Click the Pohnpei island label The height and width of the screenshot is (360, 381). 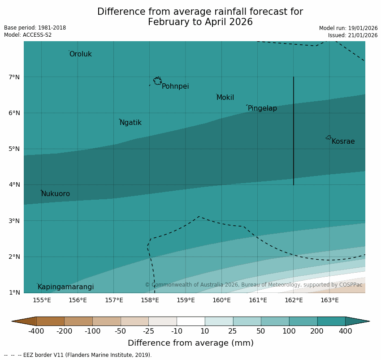pos(175,86)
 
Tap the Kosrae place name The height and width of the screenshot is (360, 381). pos(343,141)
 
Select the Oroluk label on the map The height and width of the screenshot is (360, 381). pos(80,54)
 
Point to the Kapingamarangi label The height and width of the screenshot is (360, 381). pos(65,287)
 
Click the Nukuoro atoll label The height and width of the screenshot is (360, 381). pos(56,194)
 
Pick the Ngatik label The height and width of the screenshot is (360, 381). pos(130,123)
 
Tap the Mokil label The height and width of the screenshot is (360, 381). pos(225,98)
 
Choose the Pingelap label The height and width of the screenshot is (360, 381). pos(262,108)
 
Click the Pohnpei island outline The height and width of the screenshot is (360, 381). pos(157,81)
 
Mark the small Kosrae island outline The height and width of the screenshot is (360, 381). pos(329,137)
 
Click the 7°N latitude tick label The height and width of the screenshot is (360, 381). pos(14,77)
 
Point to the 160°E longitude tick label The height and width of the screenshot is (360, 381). pos(221,300)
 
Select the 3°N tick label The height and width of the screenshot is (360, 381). pos(14,221)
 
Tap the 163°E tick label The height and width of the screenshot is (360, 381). pos(329,300)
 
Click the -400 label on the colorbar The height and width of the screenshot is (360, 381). pos(36,331)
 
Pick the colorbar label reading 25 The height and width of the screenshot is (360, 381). pos(233,331)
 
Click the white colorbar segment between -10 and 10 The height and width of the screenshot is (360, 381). pos(190,321)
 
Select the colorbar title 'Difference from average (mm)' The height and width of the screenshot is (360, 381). pos(190,343)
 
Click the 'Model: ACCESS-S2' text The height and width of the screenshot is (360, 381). pos(28,35)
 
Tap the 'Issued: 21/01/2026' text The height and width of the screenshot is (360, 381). pos(353,35)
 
